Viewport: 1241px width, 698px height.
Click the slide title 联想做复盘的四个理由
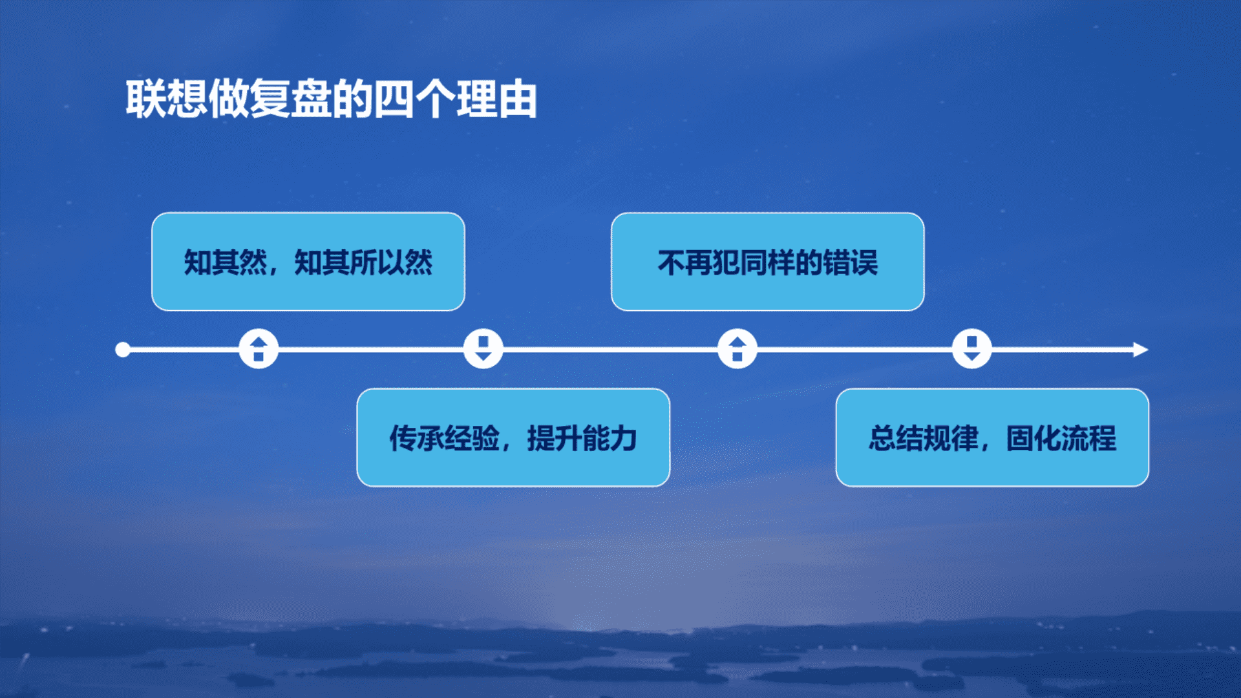pyautogui.click(x=331, y=99)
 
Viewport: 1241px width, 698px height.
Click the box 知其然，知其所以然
pyautogui.click(x=308, y=262)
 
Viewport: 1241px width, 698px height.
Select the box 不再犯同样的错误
pyautogui.click(x=767, y=262)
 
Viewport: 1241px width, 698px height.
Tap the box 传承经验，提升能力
pyautogui.click(x=513, y=438)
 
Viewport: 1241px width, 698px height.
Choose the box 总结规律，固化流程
pyautogui.click(x=992, y=438)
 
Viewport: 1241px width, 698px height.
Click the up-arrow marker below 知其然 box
pyautogui.click(x=259, y=349)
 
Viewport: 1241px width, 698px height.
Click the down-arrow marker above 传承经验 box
pyautogui.click(x=483, y=349)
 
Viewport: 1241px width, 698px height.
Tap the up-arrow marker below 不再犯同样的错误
pyautogui.click(x=737, y=349)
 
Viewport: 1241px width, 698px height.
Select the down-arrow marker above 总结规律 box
pyautogui.click(x=971, y=349)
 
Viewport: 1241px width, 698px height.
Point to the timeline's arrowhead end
pyautogui.click(x=1148, y=350)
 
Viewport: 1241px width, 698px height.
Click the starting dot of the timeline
pyautogui.click(x=123, y=350)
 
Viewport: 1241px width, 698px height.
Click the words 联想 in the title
pyautogui.click(x=166, y=99)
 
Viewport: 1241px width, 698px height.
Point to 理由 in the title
pyautogui.click(x=496, y=99)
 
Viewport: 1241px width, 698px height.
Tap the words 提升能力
pyautogui.click(x=582, y=438)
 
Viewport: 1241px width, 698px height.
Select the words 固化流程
pyautogui.click(x=1061, y=438)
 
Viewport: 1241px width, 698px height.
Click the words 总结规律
pyautogui.click(x=923, y=438)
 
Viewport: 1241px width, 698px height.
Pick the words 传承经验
pyautogui.click(x=444, y=438)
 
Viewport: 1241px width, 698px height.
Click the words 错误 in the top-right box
pyautogui.click(x=851, y=262)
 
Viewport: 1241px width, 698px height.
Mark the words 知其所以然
pyautogui.click(x=363, y=262)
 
